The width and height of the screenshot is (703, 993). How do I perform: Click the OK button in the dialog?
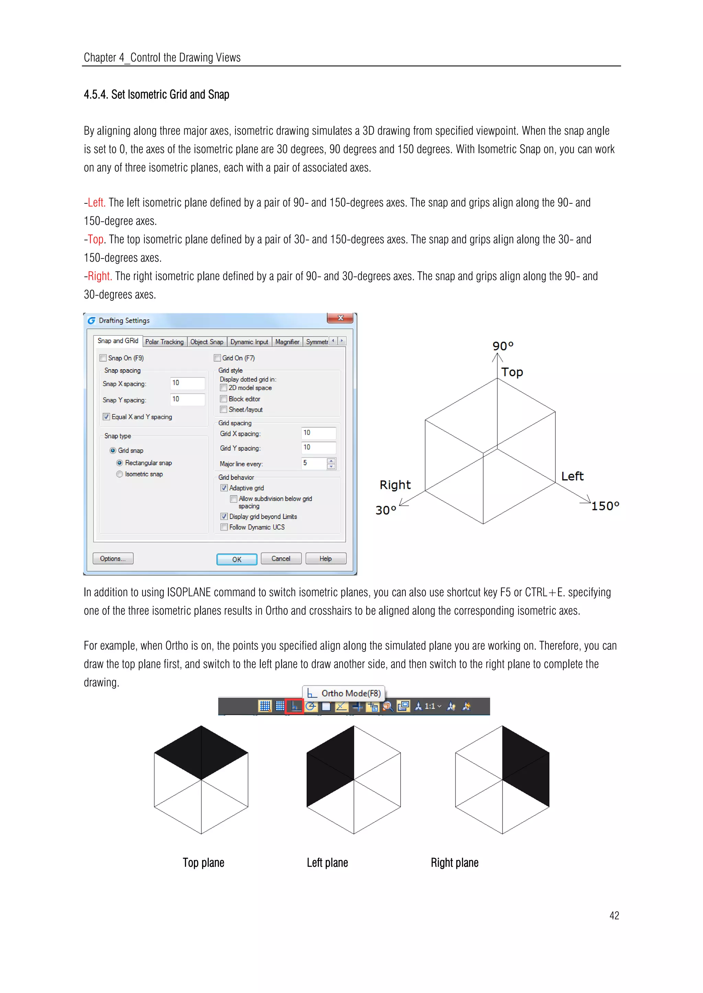tap(237, 559)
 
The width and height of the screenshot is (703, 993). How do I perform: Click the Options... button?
tap(113, 558)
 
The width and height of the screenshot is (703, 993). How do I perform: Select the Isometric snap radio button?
tap(119, 474)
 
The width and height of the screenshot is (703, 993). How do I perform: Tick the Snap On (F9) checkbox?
tap(103, 358)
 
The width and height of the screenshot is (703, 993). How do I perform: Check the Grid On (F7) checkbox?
tap(217, 358)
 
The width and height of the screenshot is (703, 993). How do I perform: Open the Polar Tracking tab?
tap(164, 342)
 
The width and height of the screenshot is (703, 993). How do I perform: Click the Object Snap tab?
tap(207, 342)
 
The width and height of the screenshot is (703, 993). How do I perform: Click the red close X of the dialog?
tap(340, 318)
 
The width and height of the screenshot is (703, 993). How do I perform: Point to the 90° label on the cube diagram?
tap(503, 346)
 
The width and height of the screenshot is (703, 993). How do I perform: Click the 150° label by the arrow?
tap(605, 506)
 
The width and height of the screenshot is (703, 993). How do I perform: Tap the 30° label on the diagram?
tap(385, 510)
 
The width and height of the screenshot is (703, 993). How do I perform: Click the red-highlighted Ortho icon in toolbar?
tap(295, 706)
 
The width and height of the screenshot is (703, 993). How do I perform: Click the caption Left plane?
tap(327, 863)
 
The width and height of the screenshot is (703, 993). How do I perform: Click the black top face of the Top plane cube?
tap(201, 753)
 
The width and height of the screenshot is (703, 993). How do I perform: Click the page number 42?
tap(614, 916)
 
